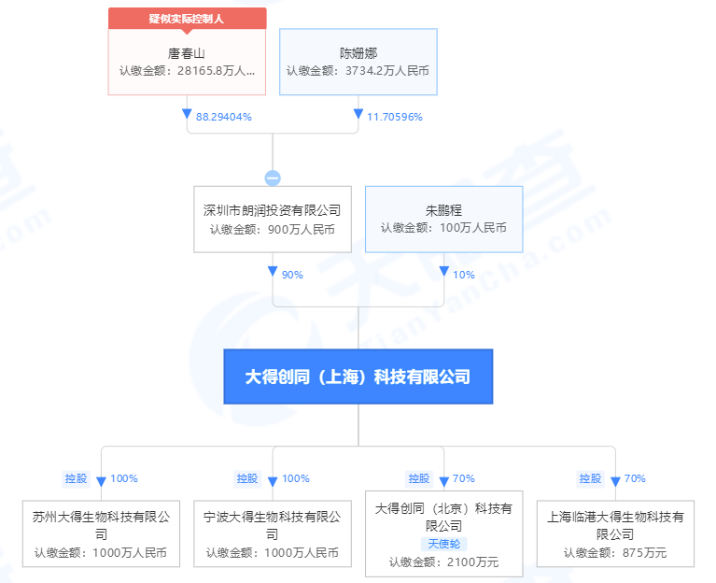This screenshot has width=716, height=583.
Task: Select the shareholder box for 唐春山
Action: (x=187, y=62)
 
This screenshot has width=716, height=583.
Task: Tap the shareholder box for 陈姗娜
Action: (x=358, y=62)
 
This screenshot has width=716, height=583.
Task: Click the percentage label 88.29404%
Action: (x=224, y=117)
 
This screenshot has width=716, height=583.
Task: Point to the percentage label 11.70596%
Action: (x=395, y=117)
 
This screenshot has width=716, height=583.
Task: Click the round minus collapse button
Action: (x=273, y=178)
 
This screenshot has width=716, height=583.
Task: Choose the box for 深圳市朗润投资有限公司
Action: (x=273, y=219)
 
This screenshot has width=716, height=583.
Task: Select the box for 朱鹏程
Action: (x=443, y=219)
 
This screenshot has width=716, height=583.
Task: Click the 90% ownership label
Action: (x=292, y=275)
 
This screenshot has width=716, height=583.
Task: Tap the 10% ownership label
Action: (x=464, y=275)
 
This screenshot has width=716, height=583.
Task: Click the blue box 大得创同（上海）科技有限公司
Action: (x=358, y=377)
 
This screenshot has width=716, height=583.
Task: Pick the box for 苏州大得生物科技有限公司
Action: (x=101, y=533)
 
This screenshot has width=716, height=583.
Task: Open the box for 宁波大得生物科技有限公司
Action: (x=273, y=533)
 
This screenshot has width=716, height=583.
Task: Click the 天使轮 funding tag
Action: (x=443, y=544)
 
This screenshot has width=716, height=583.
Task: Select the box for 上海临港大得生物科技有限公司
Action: (x=615, y=533)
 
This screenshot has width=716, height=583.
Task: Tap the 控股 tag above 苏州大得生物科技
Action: (x=76, y=478)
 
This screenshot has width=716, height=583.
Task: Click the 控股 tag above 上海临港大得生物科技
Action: (x=590, y=478)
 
